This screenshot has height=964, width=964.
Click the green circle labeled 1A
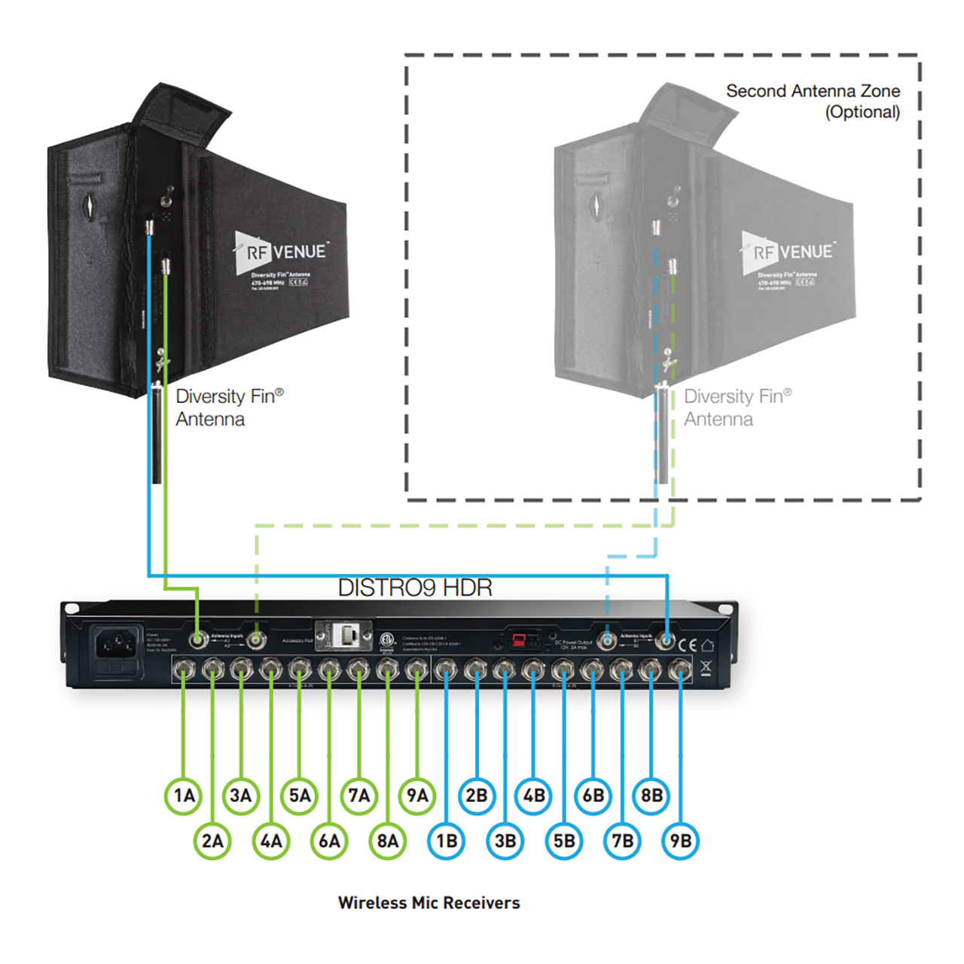[x=184, y=795]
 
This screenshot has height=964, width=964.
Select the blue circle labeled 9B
[x=680, y=841]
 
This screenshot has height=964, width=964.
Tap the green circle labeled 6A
[x=329, y=841]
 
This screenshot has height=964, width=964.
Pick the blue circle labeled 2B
[x=476, y=795]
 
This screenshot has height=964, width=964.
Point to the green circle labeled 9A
[x=417, y=795]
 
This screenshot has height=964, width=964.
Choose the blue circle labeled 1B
[x=447, y=841]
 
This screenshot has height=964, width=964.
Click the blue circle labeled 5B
[x=564, y=841]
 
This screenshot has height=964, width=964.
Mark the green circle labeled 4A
[x=271, y=841]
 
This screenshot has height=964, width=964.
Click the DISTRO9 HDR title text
[x=415, y=587]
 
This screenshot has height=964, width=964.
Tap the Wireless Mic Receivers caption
[x=429, y=902]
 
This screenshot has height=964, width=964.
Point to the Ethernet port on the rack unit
[x=349, y=635]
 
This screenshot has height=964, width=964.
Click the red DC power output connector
[x=520, y=639]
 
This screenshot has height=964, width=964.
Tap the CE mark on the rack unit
[x=688, y=645]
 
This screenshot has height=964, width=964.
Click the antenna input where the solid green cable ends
[x=198, y=640]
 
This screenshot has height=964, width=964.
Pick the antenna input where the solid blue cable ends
[x=666, y=640]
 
